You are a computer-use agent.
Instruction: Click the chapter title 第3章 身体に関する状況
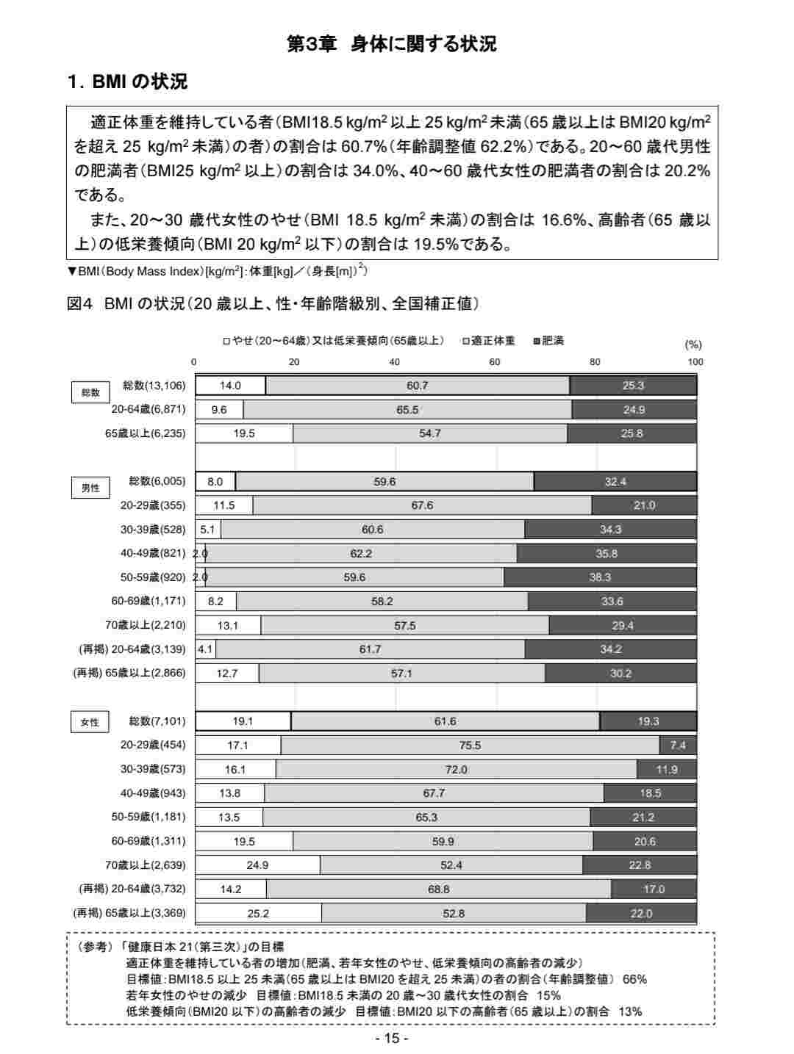click(x=391, y=44)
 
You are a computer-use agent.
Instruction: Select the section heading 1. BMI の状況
click(x=127, y=82)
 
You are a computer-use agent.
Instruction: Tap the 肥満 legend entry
click(x=549, y=341)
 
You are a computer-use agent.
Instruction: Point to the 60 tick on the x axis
click(x=495, y=361)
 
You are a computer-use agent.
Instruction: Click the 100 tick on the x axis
click(x=695, y=361)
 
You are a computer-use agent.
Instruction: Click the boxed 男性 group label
click(x=90, y=488)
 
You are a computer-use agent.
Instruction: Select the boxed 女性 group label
click(x=90, y=722)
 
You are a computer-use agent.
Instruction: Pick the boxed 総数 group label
click(x=90, y=392)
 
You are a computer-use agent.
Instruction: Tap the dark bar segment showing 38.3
click(x=600, y=577)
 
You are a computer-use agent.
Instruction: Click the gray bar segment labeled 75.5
click(x=470, y=746)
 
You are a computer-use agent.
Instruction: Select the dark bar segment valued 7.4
click(x=678, y=746)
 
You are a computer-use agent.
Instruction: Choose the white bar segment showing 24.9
click(x=257, y=865)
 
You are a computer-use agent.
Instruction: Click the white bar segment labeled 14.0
click(x=230, y=386)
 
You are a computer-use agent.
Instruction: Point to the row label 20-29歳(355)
click(x=153, y=505)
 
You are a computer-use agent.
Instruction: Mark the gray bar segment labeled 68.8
click(x=439, y=889)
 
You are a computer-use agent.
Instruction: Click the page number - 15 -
click(x=391, y=1038)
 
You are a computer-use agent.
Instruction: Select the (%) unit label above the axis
click(x=693, y=344)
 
